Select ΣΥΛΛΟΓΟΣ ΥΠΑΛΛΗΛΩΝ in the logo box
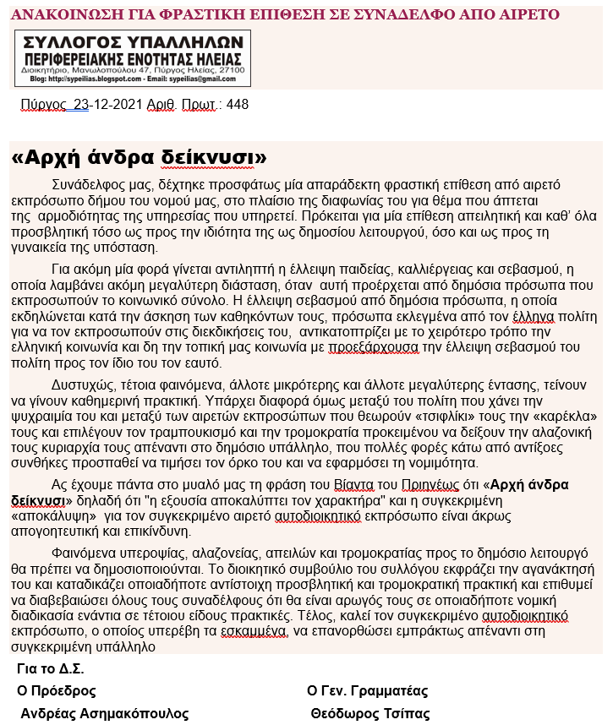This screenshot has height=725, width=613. (x=133, y=42)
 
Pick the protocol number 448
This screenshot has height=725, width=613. (x=238, y=105)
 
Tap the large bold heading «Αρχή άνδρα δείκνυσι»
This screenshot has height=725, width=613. (x=140, y=159)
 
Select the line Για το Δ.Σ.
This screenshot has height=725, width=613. (x=50, y=669)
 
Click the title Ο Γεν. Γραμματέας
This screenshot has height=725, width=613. (x=368, y=691)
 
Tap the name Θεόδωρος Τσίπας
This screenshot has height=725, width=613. (x=370, y=714)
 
